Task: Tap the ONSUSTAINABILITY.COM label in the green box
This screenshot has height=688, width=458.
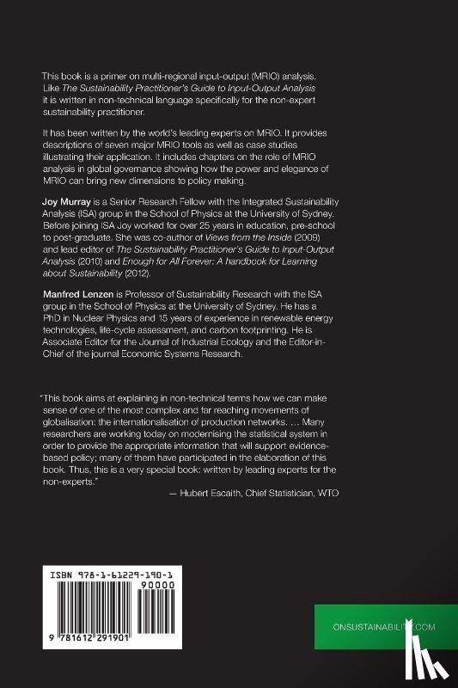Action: (x=384, y=628)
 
